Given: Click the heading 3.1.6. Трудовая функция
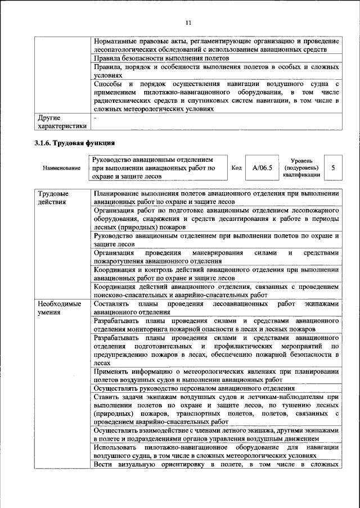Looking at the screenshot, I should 75,143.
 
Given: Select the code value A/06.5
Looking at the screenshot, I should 262,167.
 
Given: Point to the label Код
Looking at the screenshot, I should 237,167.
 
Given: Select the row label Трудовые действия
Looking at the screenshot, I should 52,198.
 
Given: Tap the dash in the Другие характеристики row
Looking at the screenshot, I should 96,119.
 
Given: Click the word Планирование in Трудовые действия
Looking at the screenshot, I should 118,194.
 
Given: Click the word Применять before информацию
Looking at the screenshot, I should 114,371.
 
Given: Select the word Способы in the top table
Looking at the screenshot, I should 109,83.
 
